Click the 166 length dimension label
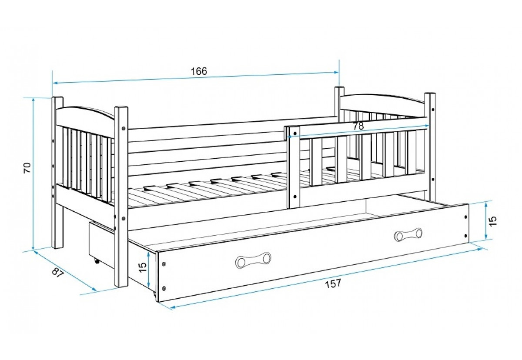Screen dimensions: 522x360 (x=199, y=71)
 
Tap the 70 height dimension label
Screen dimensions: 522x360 (x=27, y=168)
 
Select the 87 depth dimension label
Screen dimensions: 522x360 (x=57, y=273)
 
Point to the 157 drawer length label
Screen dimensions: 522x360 (x=333, y=283)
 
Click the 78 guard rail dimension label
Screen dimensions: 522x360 (x=358, y=126)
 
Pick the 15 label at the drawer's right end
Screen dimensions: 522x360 (x=492, y=221)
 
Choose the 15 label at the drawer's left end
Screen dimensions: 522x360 (x=142, y=267)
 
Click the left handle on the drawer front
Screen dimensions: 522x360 (x=254, y=260)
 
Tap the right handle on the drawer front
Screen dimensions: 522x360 (x=408, y=234)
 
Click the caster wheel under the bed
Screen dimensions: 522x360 (x=96, y=261)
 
